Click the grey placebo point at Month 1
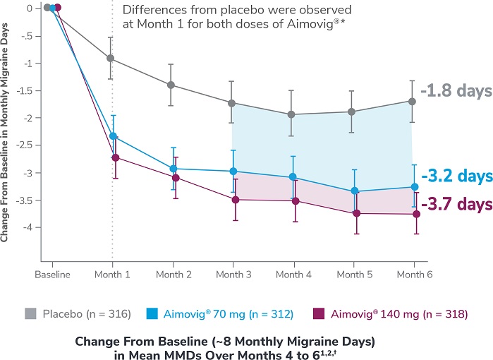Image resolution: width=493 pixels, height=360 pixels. click(111, 59)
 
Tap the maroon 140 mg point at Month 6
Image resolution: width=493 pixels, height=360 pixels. click(412, 214)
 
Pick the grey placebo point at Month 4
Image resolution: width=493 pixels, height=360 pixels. click(292, 114)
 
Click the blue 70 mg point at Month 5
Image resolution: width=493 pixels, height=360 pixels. click(355, 191)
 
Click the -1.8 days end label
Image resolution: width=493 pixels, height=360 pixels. click(453, 91)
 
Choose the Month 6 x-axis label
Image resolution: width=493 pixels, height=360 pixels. click(411, 274)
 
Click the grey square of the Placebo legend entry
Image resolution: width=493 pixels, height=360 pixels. click(29, 311)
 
